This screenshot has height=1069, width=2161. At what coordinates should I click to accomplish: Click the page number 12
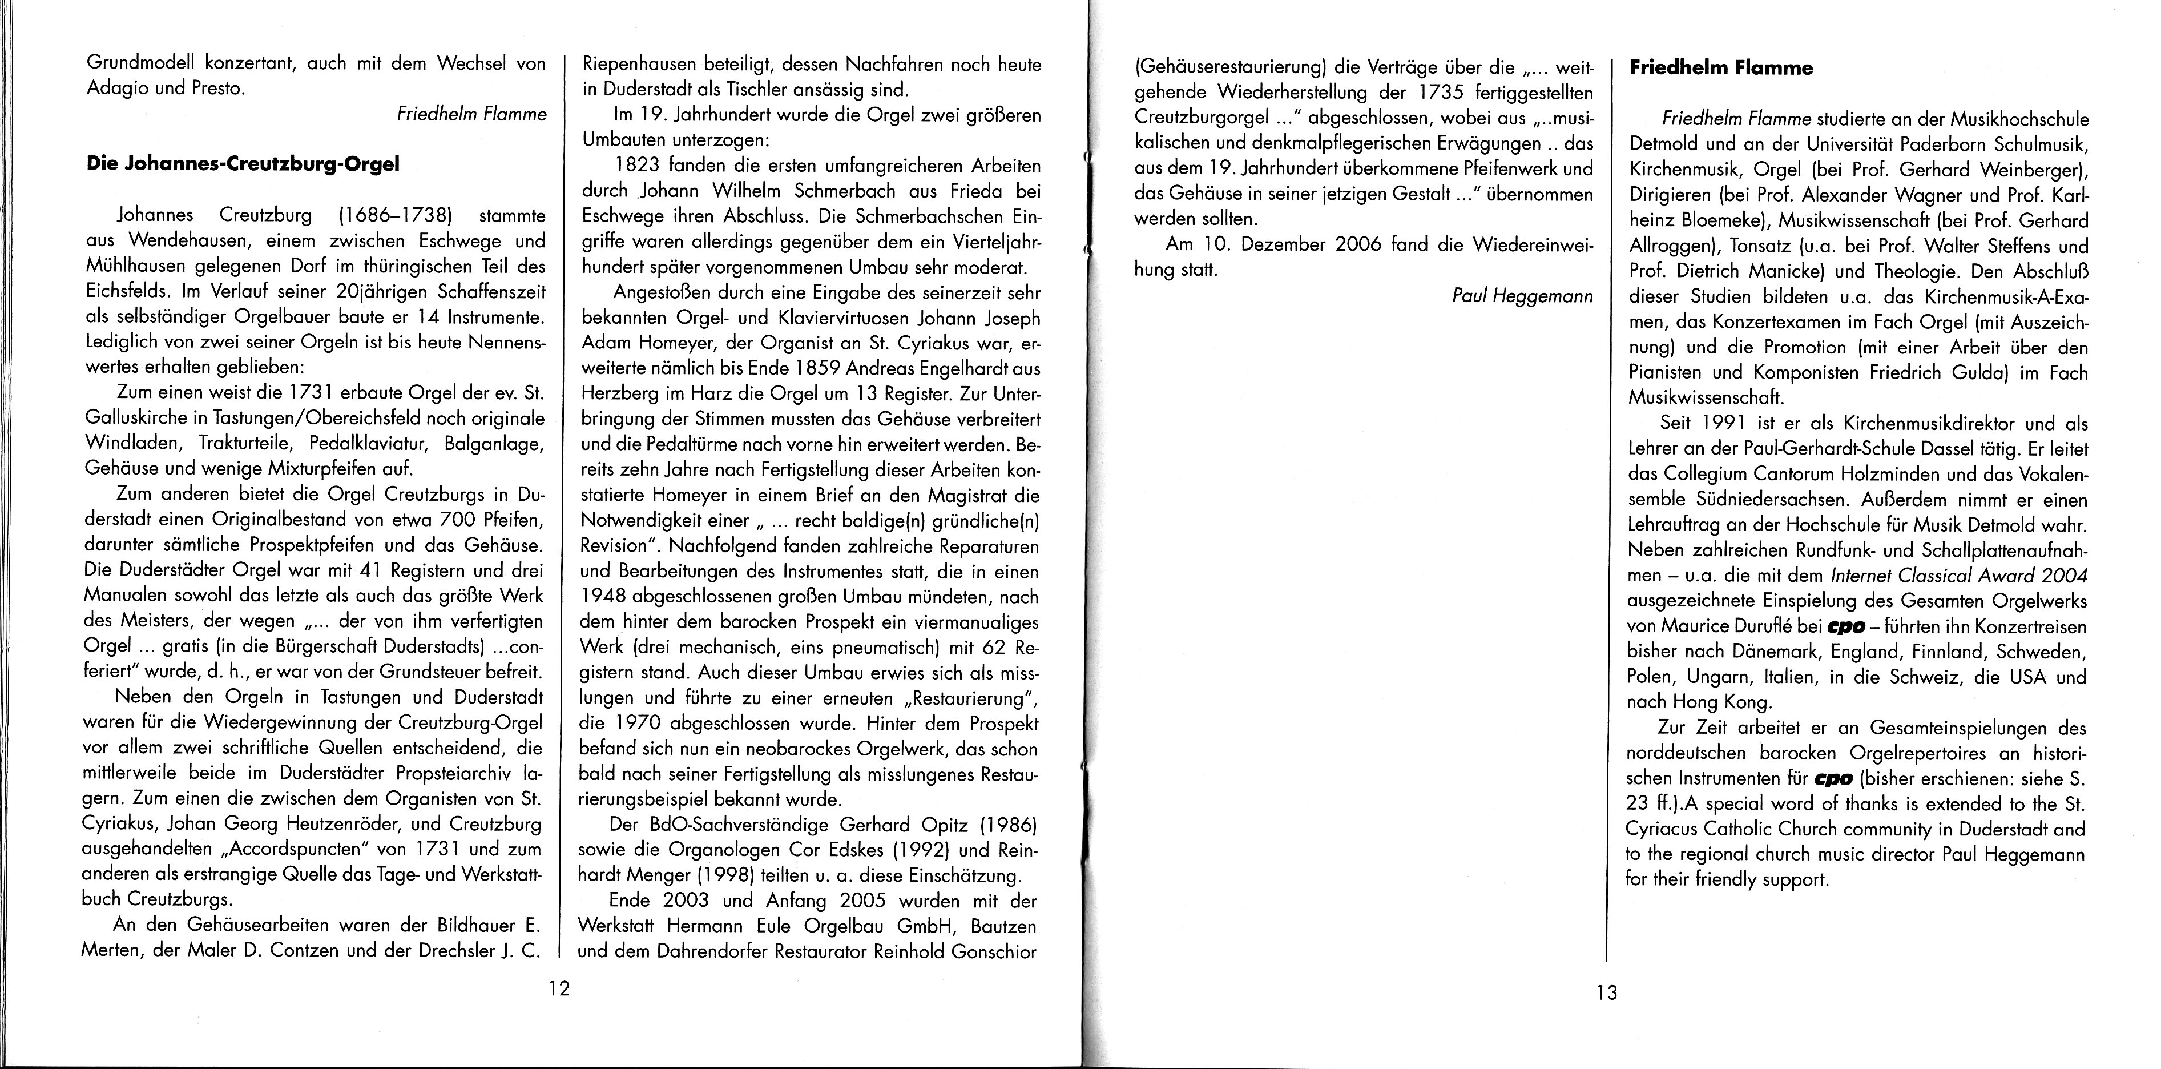coord(559,988)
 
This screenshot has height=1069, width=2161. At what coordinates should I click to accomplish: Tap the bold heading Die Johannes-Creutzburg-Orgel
coord(243,164)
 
